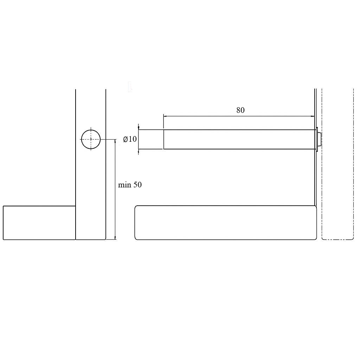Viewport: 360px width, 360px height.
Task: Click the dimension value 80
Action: pyautogui.click(x=240, y=110)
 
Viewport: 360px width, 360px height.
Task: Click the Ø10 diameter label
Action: pyautogui.click(x=130, y=139)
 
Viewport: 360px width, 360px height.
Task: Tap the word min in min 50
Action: pyautogui.click(x=124, y=185)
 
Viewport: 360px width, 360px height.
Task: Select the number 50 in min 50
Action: pyautogui.click(x=137, y=185)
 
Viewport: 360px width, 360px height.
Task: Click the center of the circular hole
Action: pyautogui.click(x=91, y=139)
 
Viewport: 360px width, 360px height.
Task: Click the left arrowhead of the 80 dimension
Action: pyautogui.click(x=165, y=116)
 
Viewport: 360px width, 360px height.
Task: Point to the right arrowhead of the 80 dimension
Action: pyautogui.click(x=313, y=116)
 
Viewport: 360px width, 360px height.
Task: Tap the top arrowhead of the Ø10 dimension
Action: pyautogui.click(x=139, y=128)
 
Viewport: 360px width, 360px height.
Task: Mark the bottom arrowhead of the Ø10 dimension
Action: pyautogui.click(x=139, y=151)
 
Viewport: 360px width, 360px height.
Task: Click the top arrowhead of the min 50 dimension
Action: pyautogui.click(x=115, y=141)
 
